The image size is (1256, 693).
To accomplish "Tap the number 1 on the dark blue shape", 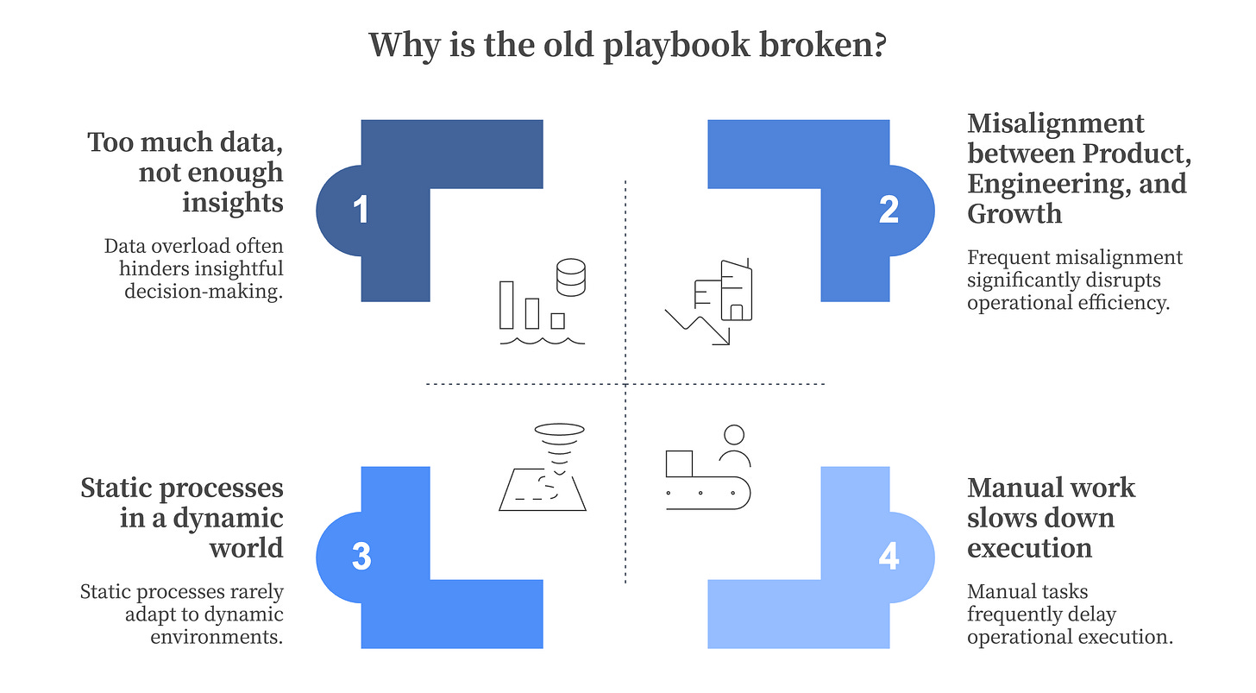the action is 361,211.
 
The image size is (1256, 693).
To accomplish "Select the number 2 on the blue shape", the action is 889,211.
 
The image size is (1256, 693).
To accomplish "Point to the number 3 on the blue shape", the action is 361,557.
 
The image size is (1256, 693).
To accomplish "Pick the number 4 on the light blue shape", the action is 889,557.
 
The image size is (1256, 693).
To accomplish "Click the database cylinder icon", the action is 570,276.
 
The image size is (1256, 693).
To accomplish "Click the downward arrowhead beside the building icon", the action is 720,337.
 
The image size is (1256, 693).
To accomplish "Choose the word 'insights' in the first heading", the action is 232,202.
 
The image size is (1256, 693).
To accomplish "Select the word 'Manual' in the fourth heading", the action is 1016,488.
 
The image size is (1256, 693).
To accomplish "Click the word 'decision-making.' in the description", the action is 203,291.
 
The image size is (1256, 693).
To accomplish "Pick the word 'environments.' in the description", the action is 217,637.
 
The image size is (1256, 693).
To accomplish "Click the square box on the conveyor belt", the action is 679,463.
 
